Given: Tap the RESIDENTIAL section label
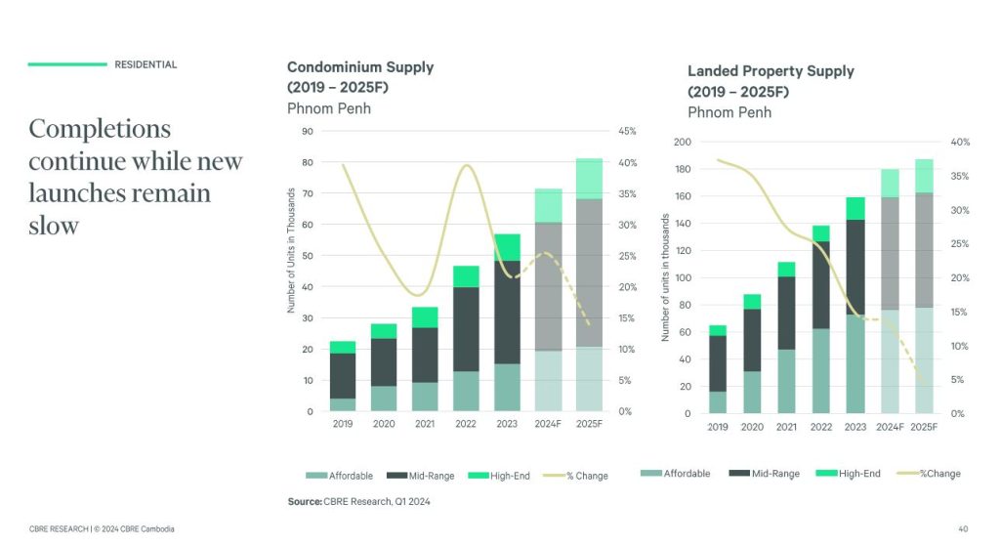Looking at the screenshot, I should (146, 64).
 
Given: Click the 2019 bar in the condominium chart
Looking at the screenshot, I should (343, 376).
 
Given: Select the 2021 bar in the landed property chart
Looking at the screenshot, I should (787, 337).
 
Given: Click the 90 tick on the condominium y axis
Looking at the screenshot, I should (308, 131).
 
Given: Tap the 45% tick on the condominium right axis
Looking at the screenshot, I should (627, 131).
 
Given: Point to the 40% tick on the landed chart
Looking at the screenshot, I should (960, 143).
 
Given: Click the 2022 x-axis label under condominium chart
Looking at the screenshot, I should (466, 425).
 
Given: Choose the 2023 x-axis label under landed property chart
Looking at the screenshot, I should (855, 427).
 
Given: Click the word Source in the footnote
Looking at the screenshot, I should (303, 501).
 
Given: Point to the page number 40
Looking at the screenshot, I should (965, 528).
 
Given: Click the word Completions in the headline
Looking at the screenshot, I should (100, 129).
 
